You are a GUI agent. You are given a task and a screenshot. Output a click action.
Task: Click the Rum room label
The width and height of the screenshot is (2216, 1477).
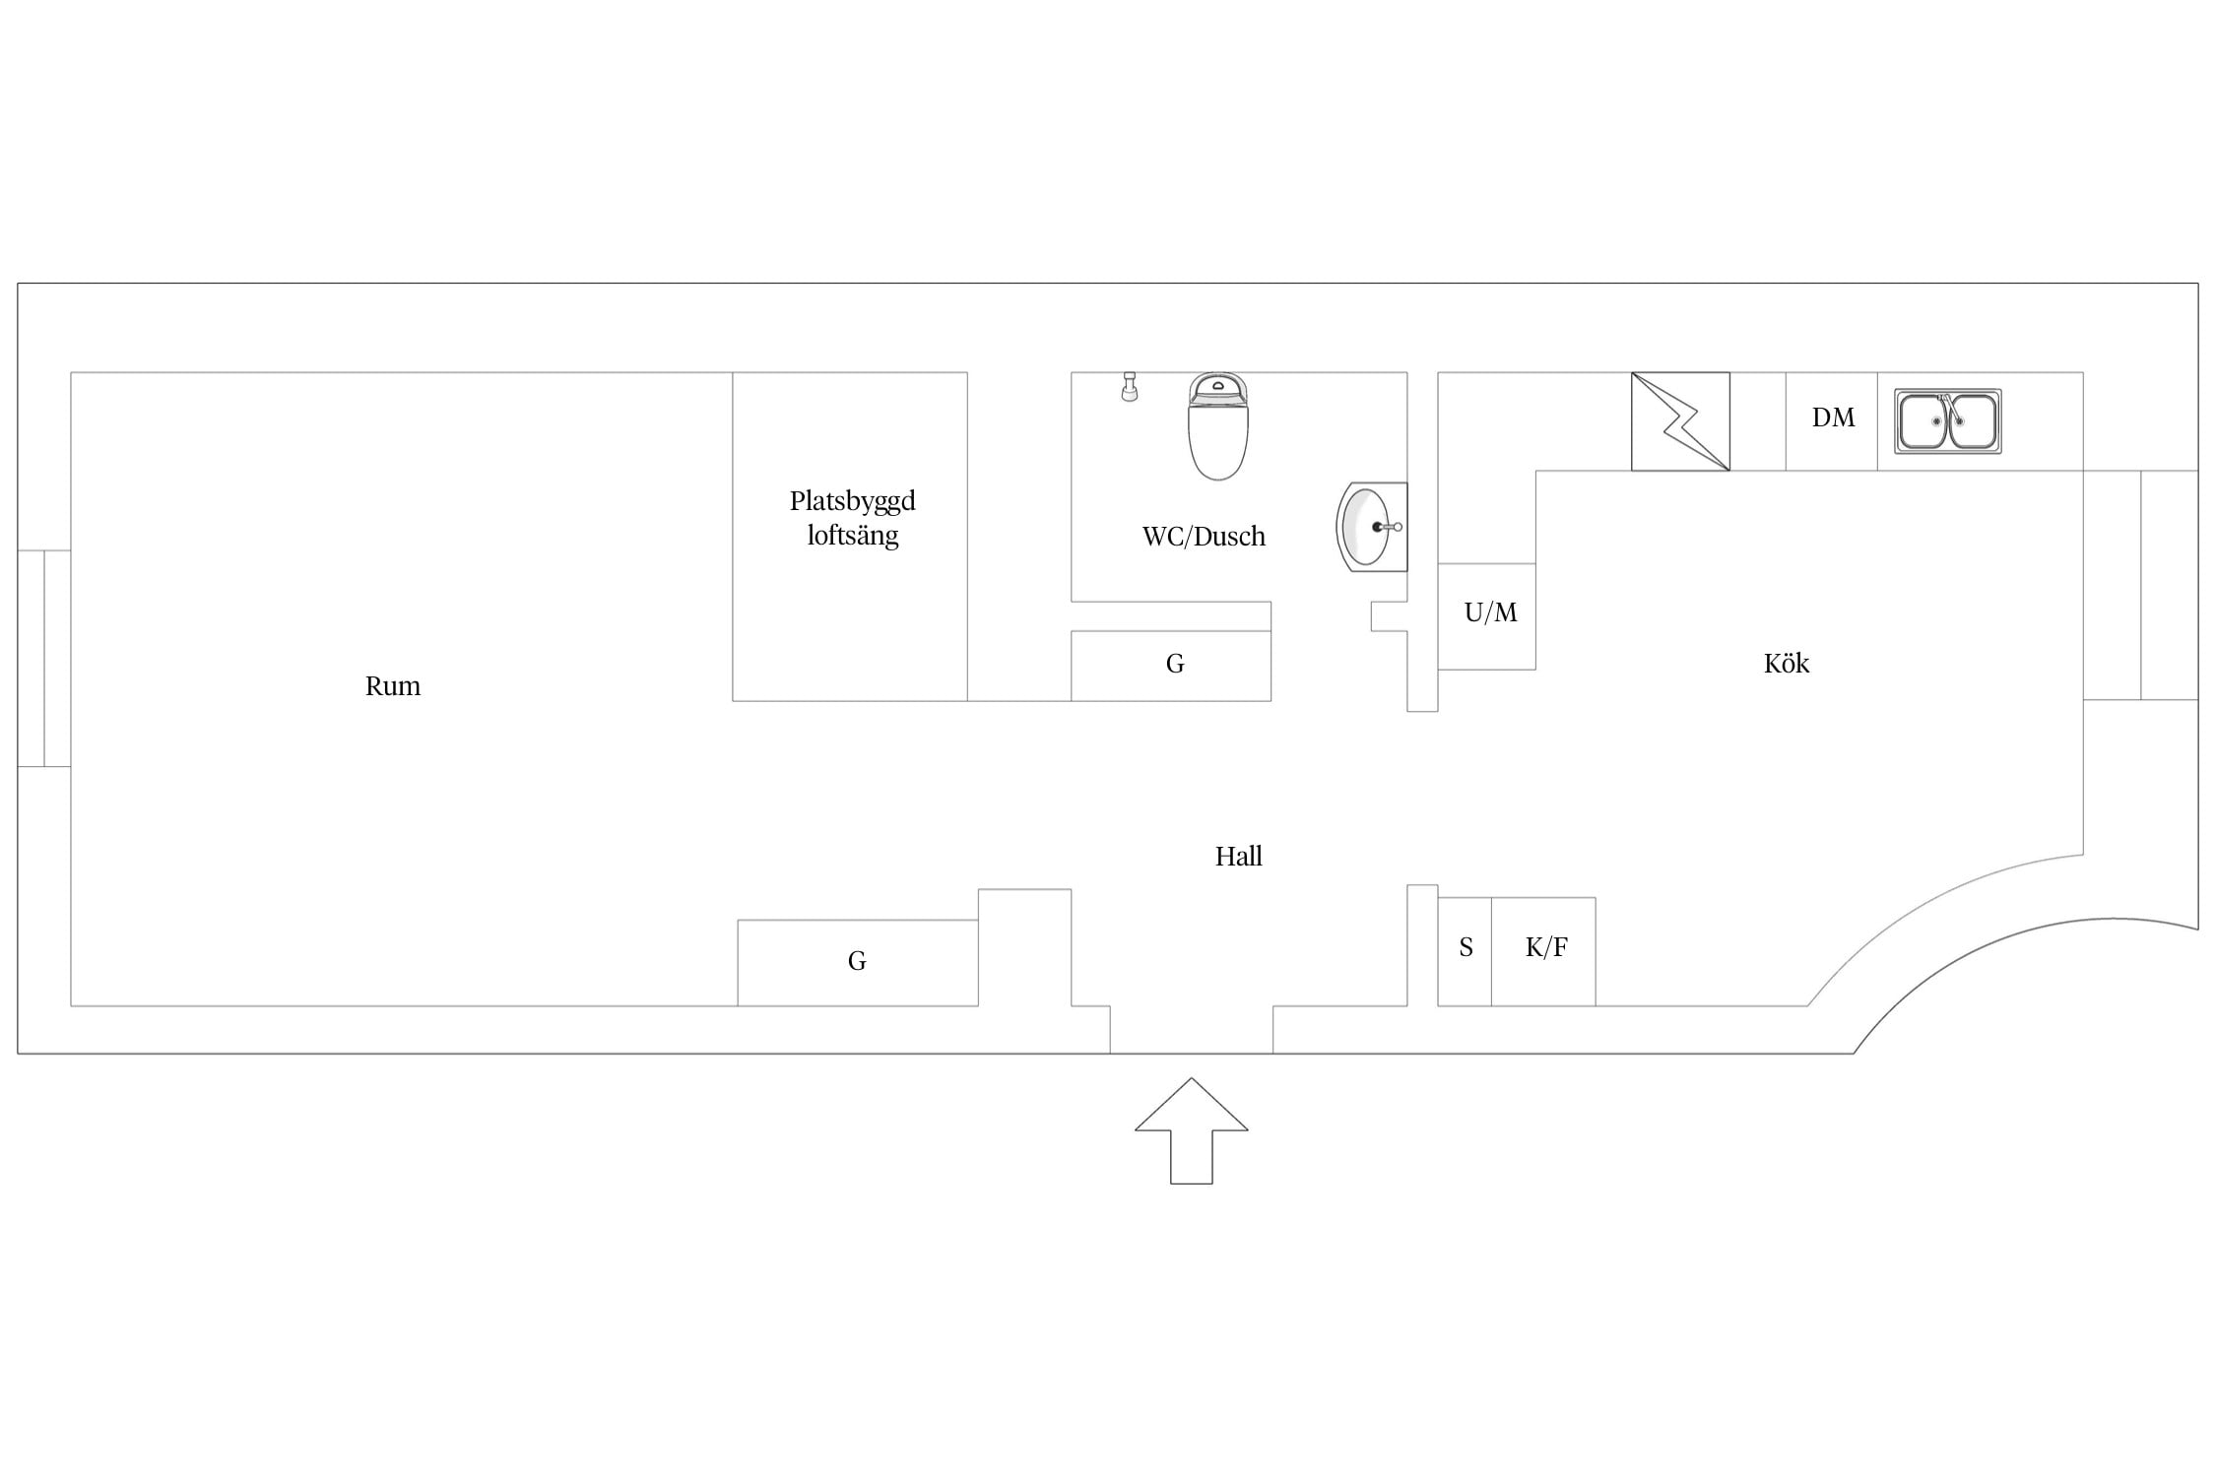392,686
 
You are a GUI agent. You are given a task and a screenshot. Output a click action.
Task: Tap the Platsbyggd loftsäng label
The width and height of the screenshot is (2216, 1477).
852,518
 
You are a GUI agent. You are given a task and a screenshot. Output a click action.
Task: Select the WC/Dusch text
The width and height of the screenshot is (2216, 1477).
1204,537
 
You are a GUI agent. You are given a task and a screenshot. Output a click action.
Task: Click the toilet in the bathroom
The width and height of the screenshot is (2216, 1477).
1218,426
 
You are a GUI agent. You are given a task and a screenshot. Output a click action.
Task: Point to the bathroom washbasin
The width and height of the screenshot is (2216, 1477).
1371,527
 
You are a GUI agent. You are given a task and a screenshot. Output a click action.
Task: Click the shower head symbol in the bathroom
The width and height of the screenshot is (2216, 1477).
1130,386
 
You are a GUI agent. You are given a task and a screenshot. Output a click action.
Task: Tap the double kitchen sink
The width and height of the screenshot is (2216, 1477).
1947,421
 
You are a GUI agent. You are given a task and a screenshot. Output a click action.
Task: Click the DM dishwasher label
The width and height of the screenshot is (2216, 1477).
1833,417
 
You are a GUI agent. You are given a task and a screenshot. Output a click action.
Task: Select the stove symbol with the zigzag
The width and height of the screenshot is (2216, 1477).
1680,421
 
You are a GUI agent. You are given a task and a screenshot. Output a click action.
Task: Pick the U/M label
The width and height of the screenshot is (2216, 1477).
1490,612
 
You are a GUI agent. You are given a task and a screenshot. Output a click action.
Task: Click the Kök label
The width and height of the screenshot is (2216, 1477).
1786,663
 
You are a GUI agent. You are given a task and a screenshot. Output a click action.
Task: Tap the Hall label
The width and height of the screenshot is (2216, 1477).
1238,857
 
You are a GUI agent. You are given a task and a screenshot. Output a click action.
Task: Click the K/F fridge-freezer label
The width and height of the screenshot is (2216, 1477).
1546,947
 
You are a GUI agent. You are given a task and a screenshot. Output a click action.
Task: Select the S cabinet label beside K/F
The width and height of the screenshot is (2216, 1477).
1466,947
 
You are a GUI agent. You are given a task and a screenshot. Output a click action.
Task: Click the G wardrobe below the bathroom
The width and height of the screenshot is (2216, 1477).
1171,666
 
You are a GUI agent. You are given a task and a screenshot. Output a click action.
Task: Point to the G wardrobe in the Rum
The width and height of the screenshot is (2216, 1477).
858,963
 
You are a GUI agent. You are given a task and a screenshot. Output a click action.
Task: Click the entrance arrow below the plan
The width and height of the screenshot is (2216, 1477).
1191,1130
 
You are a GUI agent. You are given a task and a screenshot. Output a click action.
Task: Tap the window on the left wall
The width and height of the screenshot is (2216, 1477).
44,658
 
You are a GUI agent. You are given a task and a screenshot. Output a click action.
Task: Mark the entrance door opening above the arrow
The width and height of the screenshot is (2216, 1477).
1192,1030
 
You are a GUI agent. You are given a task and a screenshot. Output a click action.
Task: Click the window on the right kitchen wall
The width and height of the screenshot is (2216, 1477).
2140,585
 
